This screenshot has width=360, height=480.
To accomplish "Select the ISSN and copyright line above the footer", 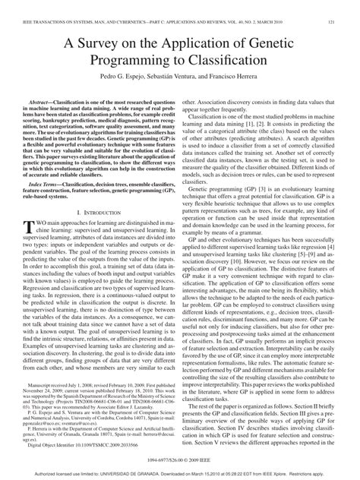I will (x=179, y=459).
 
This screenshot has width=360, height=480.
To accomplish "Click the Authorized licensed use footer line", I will (x=179, y=472).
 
